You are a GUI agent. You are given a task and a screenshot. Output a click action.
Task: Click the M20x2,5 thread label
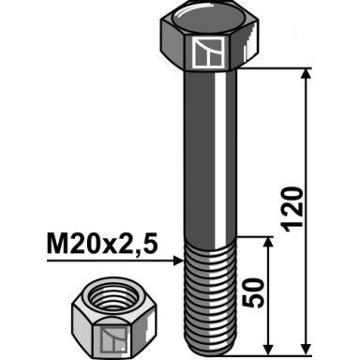102,244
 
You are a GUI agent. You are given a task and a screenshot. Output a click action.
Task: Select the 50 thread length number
253,292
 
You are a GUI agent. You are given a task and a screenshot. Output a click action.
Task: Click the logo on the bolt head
207,52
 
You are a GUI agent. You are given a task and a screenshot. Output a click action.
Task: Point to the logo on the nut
112,339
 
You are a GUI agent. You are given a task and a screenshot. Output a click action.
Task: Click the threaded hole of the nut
113,297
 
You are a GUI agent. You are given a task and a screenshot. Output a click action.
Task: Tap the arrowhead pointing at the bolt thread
178,261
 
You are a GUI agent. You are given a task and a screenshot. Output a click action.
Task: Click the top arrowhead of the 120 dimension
306,74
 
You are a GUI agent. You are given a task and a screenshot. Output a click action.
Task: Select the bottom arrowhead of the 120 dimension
306,349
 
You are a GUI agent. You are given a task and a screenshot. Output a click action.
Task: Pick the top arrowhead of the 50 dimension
268,243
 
